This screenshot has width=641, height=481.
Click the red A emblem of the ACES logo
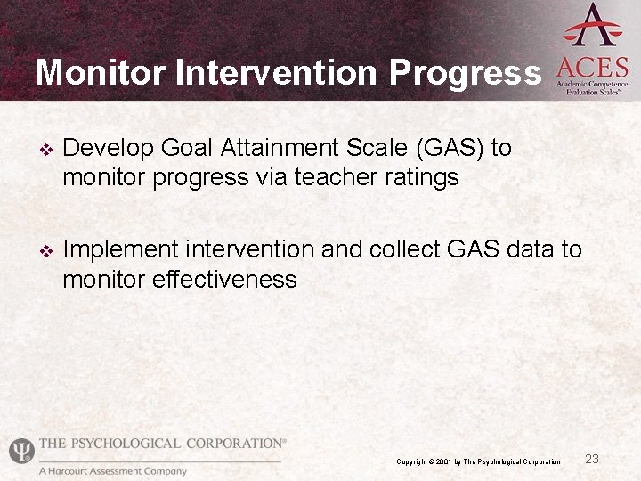592,25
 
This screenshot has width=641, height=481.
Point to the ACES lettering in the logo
592,66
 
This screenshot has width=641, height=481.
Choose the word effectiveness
223,280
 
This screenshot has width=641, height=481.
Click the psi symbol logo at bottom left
20,451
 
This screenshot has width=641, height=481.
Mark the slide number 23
592,459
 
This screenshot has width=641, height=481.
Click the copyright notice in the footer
478,461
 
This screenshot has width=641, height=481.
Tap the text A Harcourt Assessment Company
113,471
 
